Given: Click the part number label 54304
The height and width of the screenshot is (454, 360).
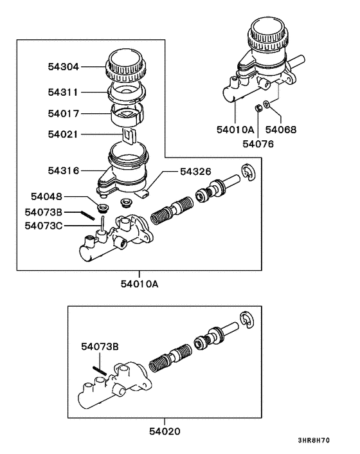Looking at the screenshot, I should click(x=62, y=66).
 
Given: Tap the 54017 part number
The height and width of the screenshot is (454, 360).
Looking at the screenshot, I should click(x=62, y=114).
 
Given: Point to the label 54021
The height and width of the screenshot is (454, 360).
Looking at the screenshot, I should click(x=62, y=134).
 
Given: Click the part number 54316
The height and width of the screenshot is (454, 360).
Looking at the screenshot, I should click(x=62, y=171).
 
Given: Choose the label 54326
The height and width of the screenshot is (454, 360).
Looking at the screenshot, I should click(x=195, y=171).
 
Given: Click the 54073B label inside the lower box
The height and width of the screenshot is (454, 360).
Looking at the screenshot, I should click(x=100, y=347).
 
